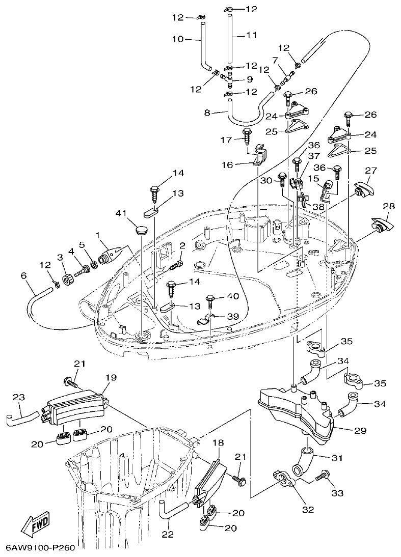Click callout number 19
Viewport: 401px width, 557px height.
click(111, 377)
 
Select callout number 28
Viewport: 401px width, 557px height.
click(388, 206)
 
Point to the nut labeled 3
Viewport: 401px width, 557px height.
click(66, 280)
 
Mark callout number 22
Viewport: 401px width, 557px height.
click(168, 535)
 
